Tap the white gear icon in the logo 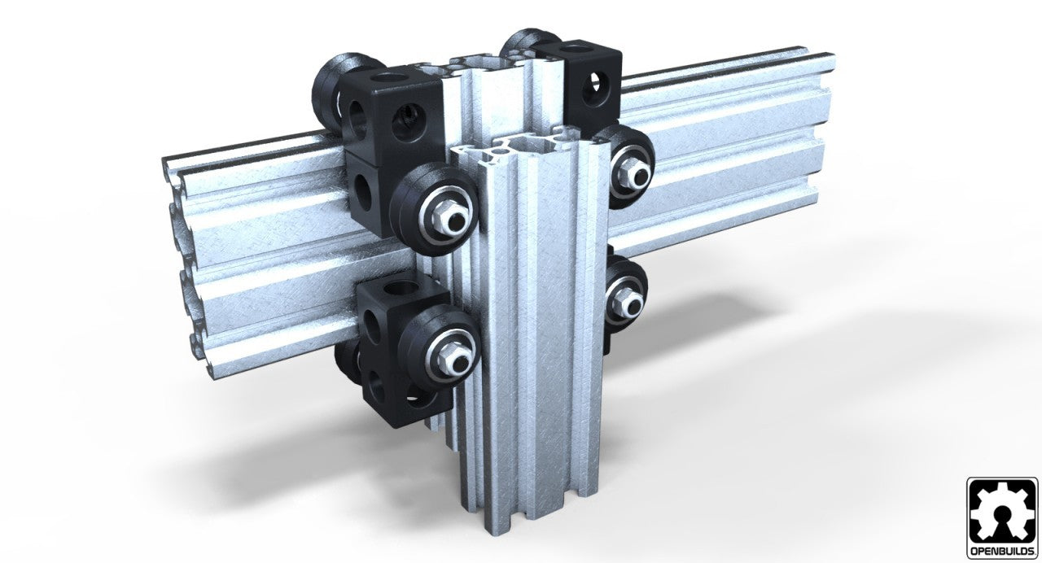point(1002,512)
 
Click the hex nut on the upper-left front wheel point(447,212)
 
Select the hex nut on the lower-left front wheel point(447,351)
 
